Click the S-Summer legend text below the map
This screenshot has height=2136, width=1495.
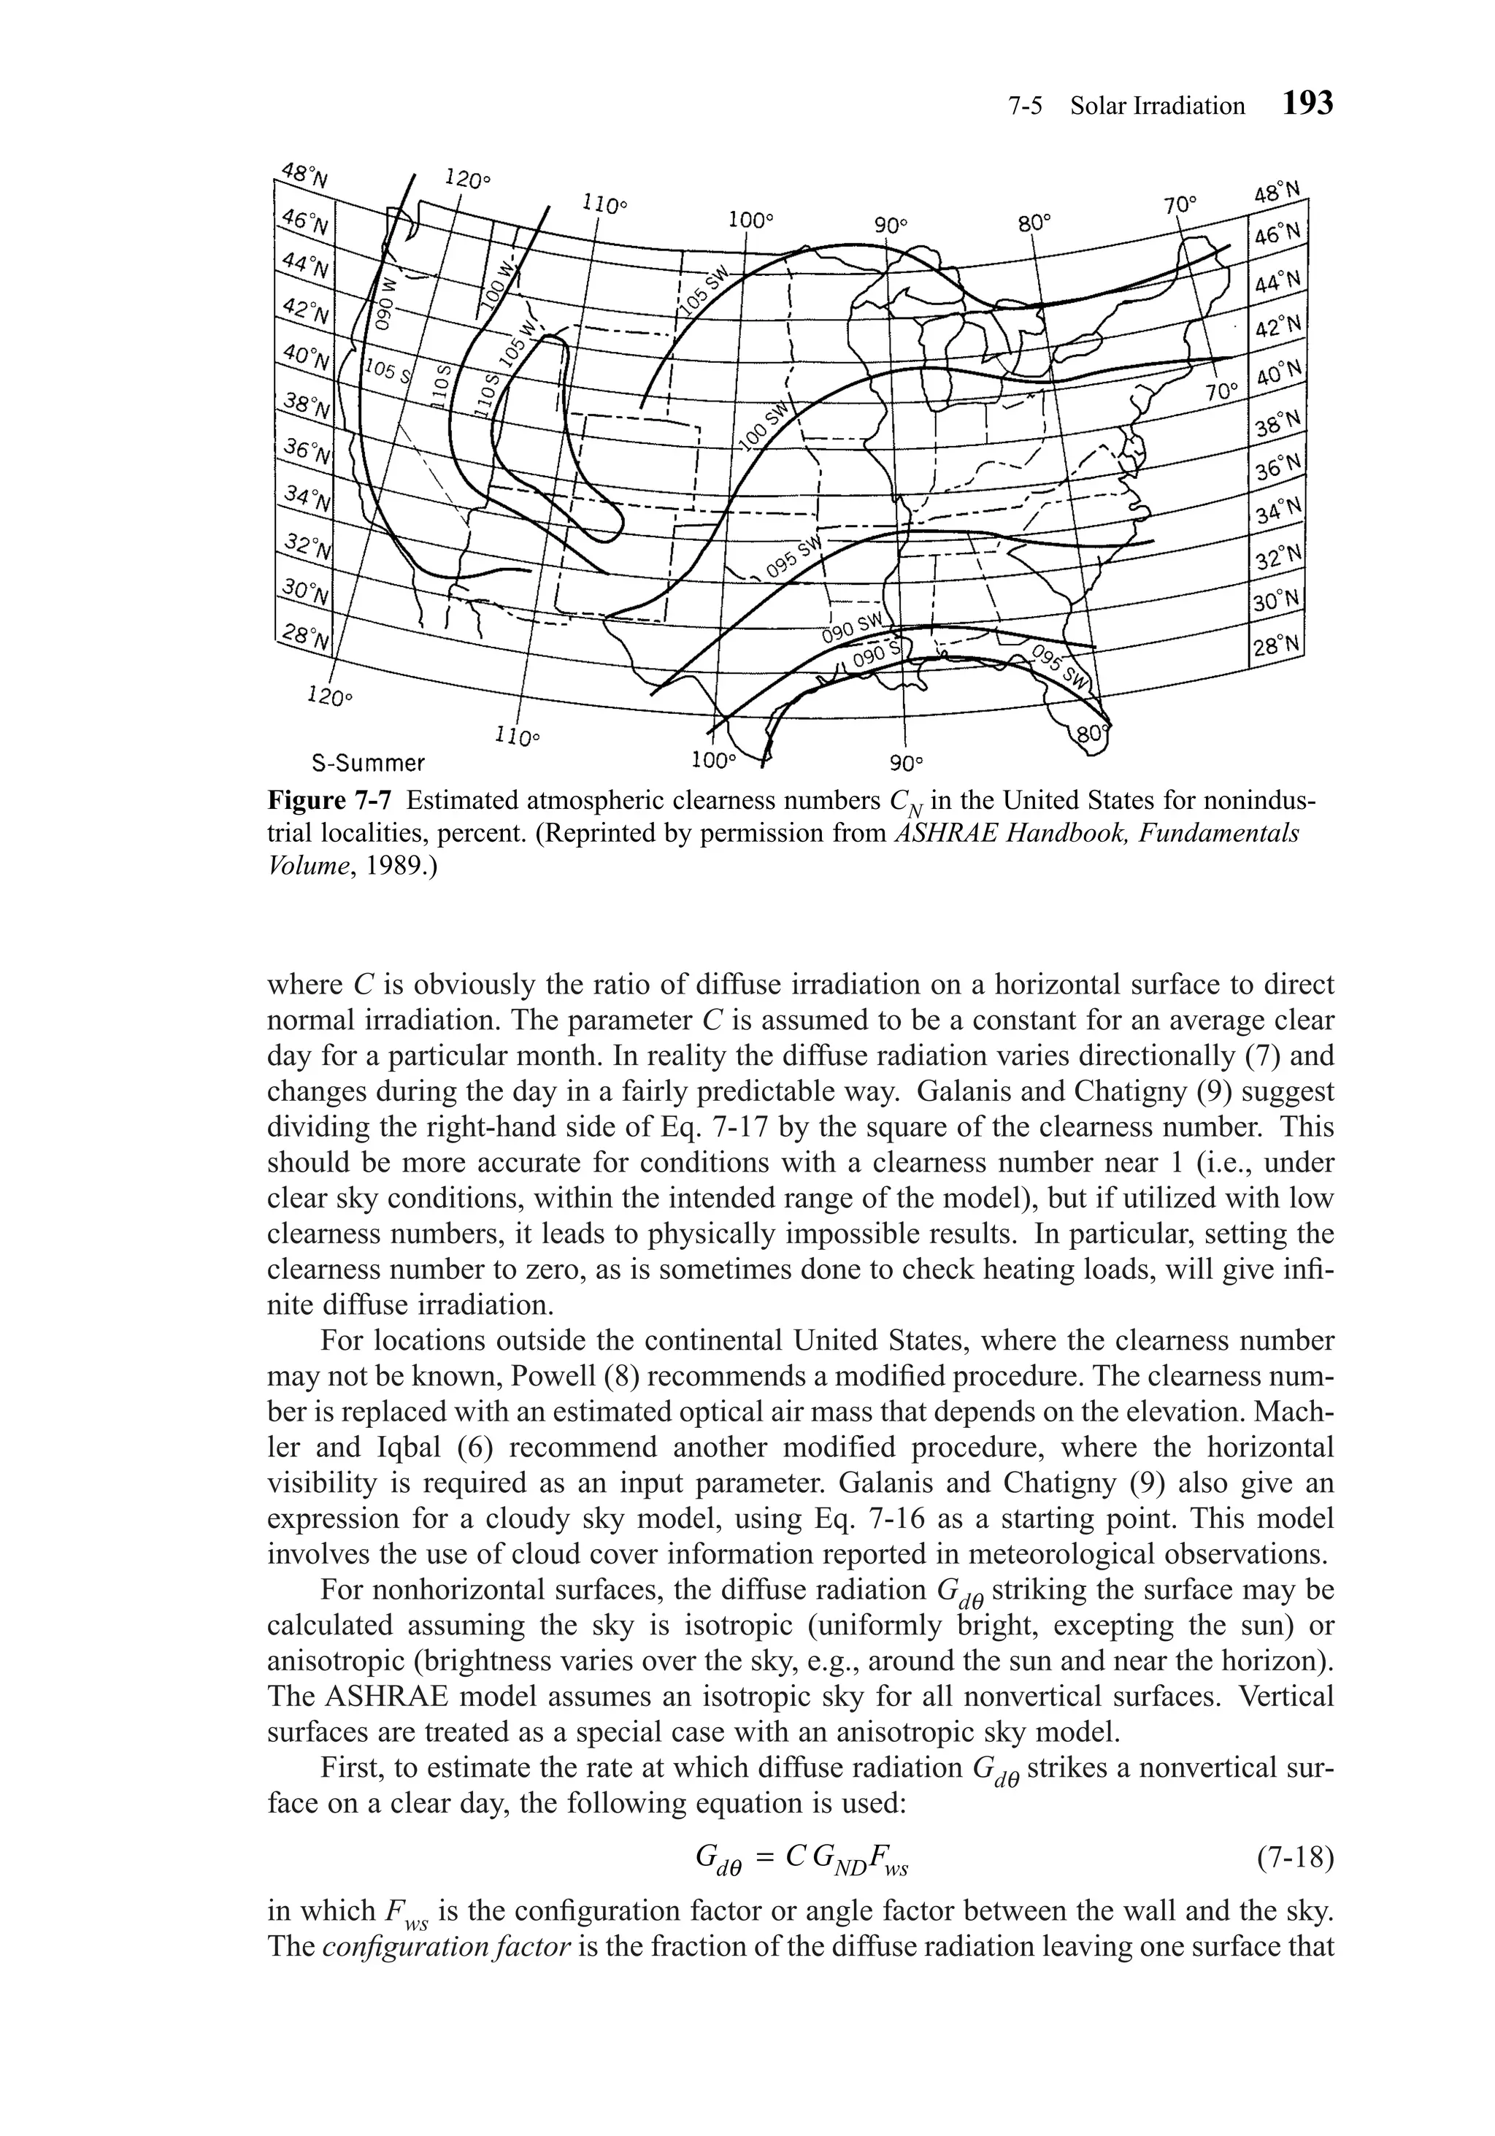tap(366, 764)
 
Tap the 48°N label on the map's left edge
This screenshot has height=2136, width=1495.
tap(299, 175)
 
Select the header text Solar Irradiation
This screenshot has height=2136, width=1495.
tap(1156, 106)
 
